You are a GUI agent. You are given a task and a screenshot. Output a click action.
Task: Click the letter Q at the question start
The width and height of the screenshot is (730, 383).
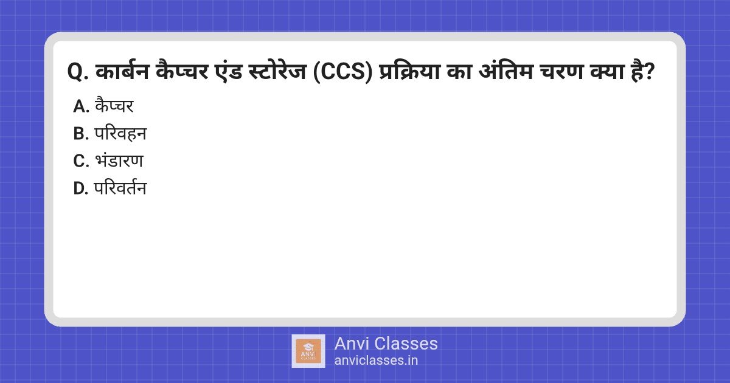[76, 72]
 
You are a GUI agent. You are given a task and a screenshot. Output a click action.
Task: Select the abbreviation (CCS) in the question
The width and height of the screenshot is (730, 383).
[342, 72]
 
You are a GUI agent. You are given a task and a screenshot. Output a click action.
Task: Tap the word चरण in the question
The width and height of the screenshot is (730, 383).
[561, 71]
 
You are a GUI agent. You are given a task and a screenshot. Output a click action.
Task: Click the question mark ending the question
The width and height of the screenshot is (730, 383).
[649, 72]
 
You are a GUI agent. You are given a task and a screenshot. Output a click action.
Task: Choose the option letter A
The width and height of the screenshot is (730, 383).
[81, 106]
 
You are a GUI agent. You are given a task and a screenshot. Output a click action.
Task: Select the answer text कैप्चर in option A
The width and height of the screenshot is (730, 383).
[114, 105]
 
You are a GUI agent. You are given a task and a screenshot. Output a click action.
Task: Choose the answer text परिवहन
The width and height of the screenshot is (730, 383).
[120, 134]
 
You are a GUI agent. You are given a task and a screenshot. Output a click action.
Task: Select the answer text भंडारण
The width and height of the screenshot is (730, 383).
[119, 160]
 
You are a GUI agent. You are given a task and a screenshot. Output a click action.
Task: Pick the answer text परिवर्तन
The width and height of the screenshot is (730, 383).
[120, 188]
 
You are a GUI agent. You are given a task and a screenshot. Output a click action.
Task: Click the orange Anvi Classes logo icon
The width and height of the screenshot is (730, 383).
[308, 351]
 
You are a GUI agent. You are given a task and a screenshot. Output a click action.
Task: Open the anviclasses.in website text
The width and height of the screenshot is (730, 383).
[376, 360]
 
